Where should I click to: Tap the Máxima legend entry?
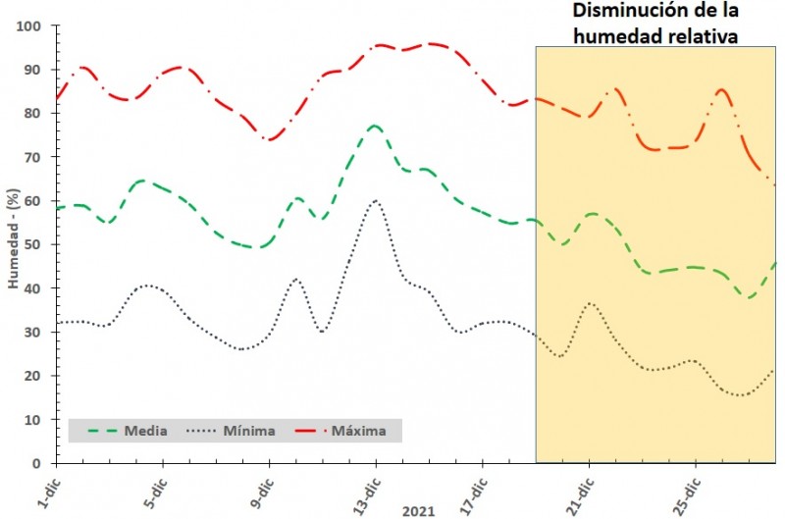pyautogui.click(x=358, y=431)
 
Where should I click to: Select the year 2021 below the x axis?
pyautogui.click(x=418, y=510)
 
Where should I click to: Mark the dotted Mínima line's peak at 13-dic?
pyautogui.click(x=375, y=201)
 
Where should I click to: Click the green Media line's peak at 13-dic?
pyautogui.click(x=374, y=126)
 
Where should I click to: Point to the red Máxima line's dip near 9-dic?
pyautogui.click(x=269, y=139)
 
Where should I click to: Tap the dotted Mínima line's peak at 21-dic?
pyautogui.click(x=590, y=303)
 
